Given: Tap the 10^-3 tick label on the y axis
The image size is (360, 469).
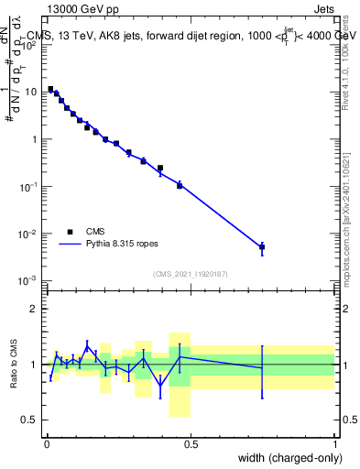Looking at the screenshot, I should [30, 280].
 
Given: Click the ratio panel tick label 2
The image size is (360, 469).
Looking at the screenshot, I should [35, 309].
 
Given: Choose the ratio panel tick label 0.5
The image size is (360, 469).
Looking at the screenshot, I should [32, 420].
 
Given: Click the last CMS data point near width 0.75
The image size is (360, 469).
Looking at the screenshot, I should [262, 246].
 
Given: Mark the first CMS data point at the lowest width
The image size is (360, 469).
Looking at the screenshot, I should [50, 89].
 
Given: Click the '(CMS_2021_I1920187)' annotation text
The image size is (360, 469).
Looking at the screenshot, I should [190, 273].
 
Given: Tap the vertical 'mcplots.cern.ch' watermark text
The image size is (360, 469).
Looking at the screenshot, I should [352, 220].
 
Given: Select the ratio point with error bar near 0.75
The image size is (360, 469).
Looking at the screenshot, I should [262, 367].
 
